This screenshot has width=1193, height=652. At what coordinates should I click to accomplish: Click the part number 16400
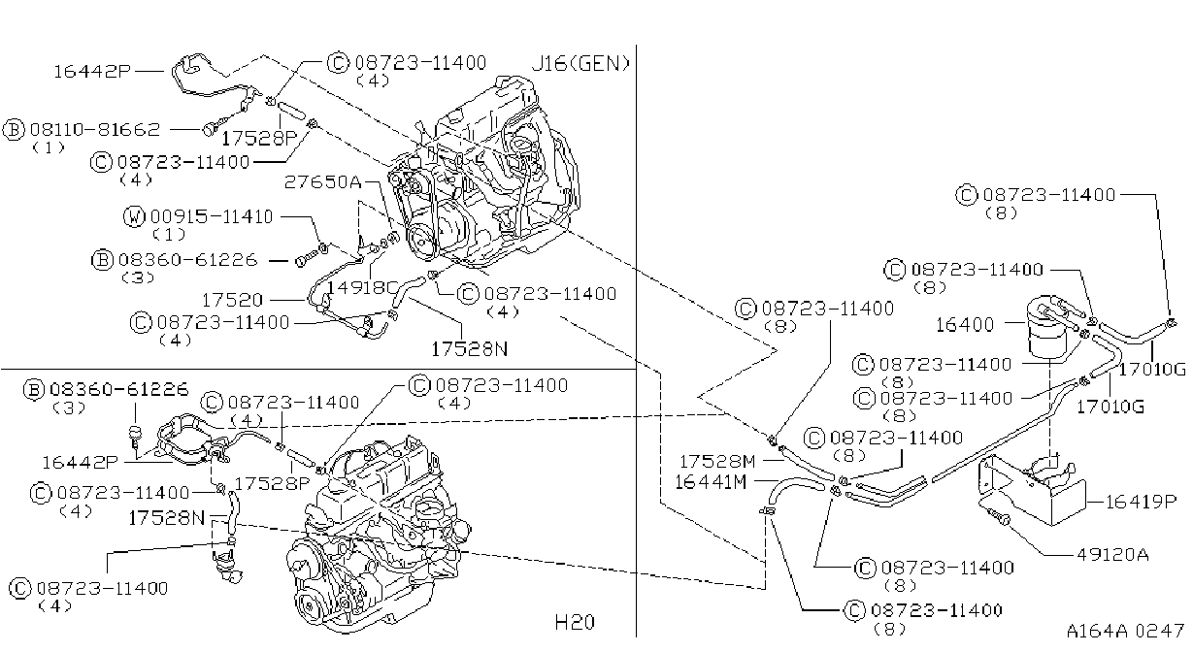965,324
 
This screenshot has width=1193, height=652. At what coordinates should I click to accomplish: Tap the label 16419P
1141,502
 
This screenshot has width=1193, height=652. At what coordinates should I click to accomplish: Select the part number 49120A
1112,555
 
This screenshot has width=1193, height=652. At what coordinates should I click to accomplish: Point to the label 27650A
322,182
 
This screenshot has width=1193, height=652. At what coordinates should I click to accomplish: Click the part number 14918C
362,287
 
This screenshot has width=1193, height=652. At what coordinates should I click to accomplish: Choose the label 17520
232,300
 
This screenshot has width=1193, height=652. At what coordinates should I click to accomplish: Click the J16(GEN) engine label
580,64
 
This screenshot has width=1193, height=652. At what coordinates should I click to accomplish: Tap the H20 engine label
575,622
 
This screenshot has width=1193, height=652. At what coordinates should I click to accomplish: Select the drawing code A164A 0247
1125,631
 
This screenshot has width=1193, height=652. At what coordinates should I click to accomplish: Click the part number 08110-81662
95,129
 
